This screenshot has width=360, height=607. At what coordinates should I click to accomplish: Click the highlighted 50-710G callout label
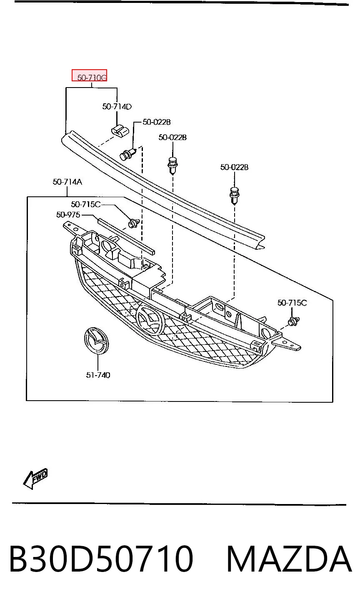[x=90, y=75]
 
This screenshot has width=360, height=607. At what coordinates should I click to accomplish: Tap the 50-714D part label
[x=117, y=106]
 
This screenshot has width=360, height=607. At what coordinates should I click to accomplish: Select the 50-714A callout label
[x=67, y=182]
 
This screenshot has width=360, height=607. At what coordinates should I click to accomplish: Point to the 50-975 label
[x=68, y=215]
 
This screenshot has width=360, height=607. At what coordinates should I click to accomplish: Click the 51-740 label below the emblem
[x=98, y=375]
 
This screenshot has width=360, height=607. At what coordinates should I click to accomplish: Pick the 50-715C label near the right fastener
[x=292, y=303]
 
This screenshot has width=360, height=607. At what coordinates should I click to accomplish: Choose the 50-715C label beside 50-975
[x=85, y=204]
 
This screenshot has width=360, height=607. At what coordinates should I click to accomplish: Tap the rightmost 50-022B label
[x=234, y=167]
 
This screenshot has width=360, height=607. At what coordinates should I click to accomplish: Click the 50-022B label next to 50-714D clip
[x=157, y=122]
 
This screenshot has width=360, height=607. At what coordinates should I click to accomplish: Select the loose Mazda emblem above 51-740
[x=96, y=341]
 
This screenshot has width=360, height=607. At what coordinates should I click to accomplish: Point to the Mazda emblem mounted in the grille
[x=150, y=320]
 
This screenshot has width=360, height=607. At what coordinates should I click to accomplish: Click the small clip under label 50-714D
[x=120, y=131]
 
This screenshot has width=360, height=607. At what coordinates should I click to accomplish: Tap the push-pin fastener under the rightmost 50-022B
[x=234, y=195]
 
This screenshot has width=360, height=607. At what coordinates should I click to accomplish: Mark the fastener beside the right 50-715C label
[x=293, y=321]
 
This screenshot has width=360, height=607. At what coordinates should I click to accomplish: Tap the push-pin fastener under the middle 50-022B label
[x=172, y=165]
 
